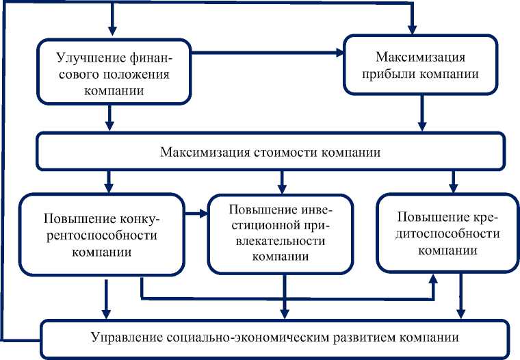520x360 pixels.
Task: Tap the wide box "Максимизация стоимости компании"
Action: click(270, 151)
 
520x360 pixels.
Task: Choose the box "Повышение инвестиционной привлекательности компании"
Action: click(280, 232)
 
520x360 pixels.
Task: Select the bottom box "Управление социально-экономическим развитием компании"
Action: click(274, 337)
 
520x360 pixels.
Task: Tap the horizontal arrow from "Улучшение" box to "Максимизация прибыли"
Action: click(267, 53)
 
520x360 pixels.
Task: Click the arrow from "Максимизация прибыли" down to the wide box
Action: click(423, 112)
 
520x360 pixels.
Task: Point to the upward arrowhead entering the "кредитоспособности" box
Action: click(434, 279)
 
